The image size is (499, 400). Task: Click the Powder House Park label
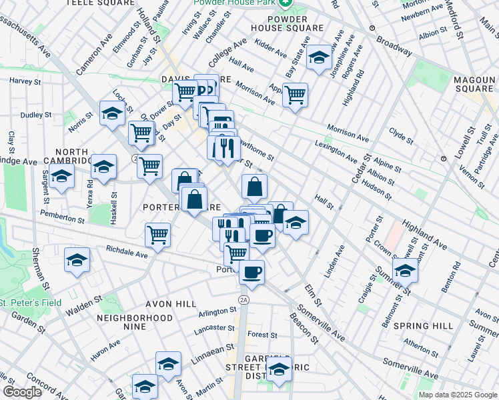pos(235,3)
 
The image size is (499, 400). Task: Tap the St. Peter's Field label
pos(31,303)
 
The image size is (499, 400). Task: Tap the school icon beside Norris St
pos(112,113)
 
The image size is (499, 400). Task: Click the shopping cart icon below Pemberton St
pos(157,235)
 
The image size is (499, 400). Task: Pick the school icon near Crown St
pos(405,270)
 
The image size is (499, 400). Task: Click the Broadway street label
pos(394,45)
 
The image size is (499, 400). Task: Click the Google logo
pos(23,392)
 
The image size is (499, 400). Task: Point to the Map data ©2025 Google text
pos(457,395)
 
